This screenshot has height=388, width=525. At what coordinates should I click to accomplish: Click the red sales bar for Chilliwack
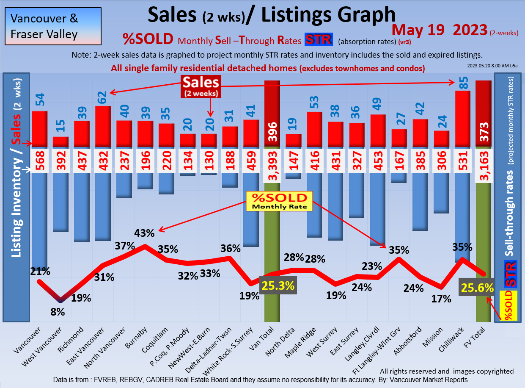pyautogui.click(x=462, y=119)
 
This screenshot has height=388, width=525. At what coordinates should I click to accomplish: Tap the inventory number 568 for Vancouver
pyautogui.click(x=39, y=161)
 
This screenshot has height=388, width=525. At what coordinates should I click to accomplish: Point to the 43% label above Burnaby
pyautogui.click(x=145, y=233)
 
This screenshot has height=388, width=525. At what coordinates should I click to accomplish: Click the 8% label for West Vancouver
pyautogui.click(x=58, y=312)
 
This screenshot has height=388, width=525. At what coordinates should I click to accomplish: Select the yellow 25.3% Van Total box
pyautogui.click(x=278, y=286)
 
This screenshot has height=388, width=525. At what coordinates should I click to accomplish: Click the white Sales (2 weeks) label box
pyautogui.click(x=201, y=87)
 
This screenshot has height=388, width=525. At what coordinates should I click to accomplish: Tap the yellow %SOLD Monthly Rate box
pyautogui.click(x=279, y=201)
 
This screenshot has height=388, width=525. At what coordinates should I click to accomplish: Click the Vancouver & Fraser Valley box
pyautogui.click(x=53, y=26)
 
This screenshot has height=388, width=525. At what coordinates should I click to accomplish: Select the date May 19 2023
pyautogui.click(x=439, y=30)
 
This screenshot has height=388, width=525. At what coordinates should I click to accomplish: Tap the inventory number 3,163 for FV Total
pyautogui.click(x=484, y=161)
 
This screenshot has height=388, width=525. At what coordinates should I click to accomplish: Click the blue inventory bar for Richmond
pyautogui.click(x=82, y=207)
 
